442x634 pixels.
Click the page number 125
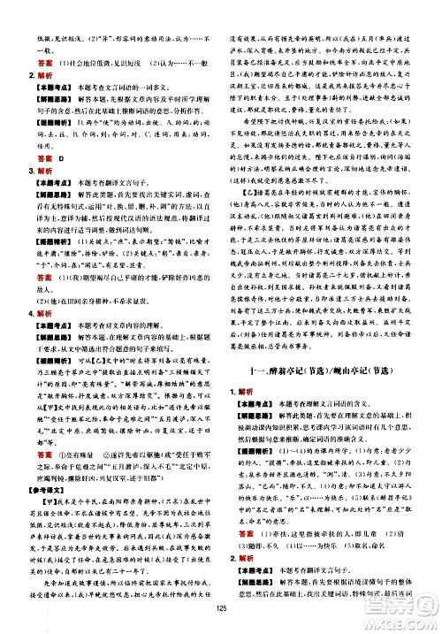[x=220, y=607]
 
